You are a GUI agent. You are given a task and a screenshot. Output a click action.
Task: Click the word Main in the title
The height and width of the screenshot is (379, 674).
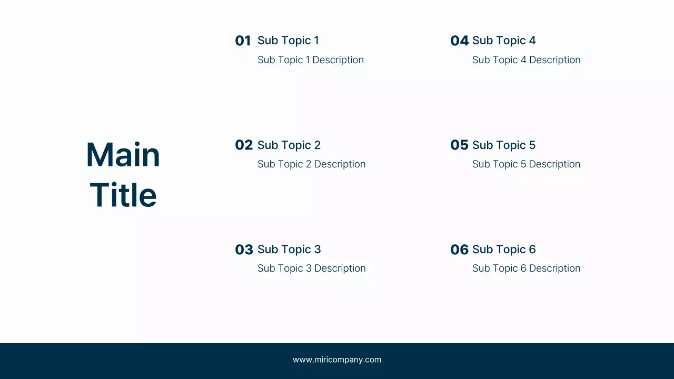click(123, 155)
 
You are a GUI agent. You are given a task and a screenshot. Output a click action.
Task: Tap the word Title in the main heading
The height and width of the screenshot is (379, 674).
click(123, 195)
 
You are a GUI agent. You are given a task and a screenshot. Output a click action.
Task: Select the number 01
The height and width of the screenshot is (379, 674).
click(243, 41)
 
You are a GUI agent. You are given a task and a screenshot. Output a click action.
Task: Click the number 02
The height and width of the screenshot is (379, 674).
click(244, 145)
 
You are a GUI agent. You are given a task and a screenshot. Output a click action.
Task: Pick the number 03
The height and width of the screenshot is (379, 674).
click(244, 250)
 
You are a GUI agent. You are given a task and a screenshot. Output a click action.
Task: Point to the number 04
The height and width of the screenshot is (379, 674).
click(459, 41)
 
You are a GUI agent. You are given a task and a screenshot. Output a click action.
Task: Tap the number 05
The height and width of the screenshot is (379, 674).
click(459, 145)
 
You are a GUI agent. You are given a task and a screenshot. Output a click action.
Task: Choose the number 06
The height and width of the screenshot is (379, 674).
click(459, 250)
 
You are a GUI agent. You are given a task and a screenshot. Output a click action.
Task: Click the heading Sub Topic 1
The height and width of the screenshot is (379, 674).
click(288, 41)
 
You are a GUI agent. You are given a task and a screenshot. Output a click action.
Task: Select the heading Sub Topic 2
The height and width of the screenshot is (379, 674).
click(289, 145)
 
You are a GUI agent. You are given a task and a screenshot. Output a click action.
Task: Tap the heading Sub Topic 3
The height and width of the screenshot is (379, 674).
click(289, 250)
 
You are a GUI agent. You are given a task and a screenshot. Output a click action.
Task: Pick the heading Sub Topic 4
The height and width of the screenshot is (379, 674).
click(504, 41)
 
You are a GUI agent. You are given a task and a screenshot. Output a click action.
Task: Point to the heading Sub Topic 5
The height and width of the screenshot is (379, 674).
click(504, 145)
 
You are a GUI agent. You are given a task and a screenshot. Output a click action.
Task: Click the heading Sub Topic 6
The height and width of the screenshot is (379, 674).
click(504, 250)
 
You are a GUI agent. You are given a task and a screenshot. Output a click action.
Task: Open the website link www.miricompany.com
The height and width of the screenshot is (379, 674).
click(337, 360)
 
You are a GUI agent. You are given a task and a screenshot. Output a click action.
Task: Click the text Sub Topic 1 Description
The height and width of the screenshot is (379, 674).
click(311, 60)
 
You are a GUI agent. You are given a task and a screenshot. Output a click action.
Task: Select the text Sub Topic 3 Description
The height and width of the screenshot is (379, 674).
click(311, 268)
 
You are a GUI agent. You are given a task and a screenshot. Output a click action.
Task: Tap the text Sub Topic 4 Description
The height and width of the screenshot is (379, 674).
click(526, 60)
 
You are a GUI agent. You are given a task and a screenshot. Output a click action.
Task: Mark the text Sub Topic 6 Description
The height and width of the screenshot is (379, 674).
click(526, 268)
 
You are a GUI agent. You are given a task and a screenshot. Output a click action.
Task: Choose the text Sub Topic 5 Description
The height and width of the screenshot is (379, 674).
click(526, 164)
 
